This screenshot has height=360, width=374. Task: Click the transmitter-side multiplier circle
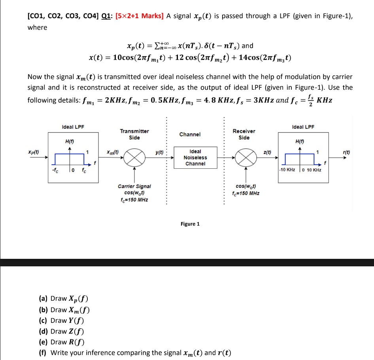135,158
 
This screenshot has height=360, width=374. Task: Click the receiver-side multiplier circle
246,158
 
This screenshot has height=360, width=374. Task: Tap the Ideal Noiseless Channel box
195,157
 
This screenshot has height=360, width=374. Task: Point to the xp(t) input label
34,152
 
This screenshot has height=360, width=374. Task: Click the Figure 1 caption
190,224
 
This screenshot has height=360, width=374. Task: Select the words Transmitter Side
134,134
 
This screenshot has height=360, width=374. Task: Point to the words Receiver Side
244,134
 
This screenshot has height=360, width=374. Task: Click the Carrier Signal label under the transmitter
134,186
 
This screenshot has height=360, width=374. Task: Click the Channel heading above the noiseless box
190,134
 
